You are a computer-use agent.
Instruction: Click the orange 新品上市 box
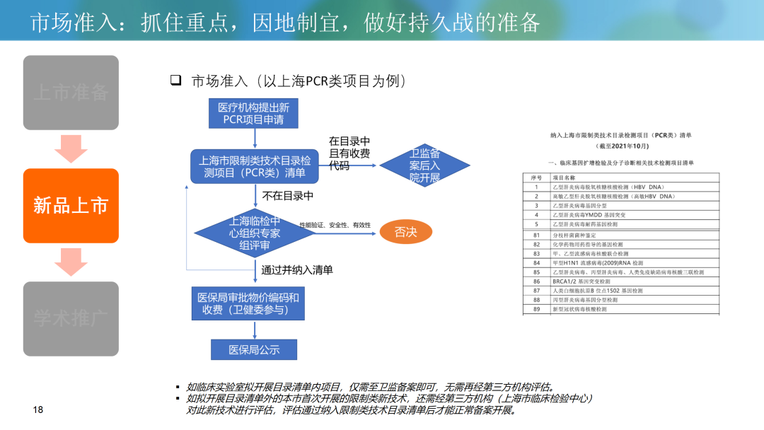[71, 205]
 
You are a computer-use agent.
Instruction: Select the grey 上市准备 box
[71, 92]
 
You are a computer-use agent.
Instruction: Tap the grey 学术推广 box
[71, 318]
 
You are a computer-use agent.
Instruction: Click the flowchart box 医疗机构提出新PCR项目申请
[253, 114]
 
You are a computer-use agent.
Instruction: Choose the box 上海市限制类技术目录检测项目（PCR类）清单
[250, 166]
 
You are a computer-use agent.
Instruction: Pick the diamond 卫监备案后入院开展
[424, 165]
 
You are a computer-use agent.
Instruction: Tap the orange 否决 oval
[405, 232]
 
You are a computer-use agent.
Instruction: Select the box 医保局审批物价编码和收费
[248, 303]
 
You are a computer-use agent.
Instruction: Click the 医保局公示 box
[254, 349]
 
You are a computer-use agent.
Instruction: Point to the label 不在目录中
[287, 196]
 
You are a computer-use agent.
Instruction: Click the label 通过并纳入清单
[297, 269]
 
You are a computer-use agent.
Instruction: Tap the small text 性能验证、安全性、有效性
[335, 225]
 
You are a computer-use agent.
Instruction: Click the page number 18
[38, 410]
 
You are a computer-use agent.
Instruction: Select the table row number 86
[536, 281]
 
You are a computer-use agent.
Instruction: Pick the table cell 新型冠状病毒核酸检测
[579, 309]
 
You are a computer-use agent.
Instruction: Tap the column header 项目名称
[564, 178]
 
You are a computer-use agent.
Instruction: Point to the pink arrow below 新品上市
[71, 261]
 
